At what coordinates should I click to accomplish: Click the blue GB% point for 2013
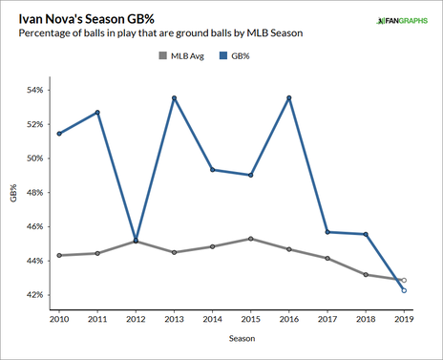tap(175, 98)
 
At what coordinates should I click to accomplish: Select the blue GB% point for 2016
tap(289, 98)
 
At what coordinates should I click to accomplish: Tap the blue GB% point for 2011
tap(97, 113)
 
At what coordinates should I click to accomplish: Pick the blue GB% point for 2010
tap(59, 134)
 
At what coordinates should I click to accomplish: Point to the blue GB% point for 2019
tap(404, 290)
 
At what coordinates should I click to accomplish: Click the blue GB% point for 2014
tap(213, 170)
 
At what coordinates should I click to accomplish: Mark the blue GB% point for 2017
tap(327, 232)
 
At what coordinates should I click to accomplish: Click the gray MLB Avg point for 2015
tap(251, 239)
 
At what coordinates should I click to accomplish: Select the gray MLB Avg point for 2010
tap(59, 255)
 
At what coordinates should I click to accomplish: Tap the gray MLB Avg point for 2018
tap(366, 275)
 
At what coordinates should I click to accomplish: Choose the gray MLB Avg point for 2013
tap(175, 252)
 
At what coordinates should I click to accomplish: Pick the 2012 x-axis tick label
tap(136, 316)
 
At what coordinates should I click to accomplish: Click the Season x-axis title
tap(232, 337)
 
